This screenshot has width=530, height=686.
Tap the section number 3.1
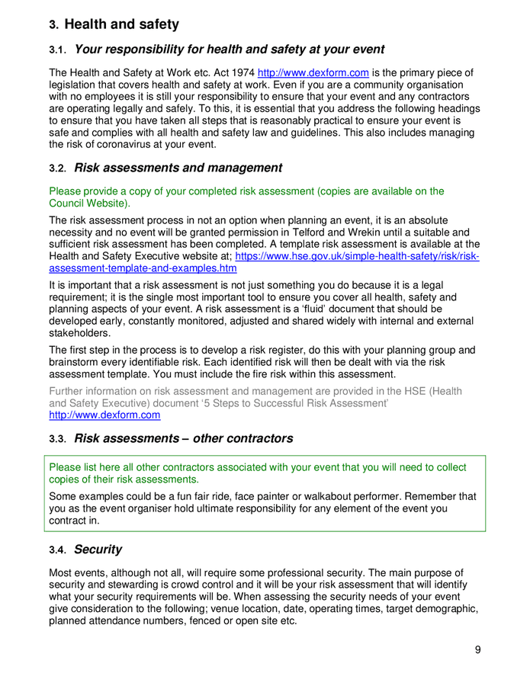(59, 50)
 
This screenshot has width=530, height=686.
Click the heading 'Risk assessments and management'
(178, 168)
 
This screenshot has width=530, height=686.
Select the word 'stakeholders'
(79, 333)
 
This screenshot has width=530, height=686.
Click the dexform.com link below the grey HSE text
(104, 415)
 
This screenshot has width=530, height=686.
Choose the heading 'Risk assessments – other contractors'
(183, 438)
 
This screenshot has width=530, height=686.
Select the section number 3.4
(59, 550)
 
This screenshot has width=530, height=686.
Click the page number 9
(477, 649)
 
